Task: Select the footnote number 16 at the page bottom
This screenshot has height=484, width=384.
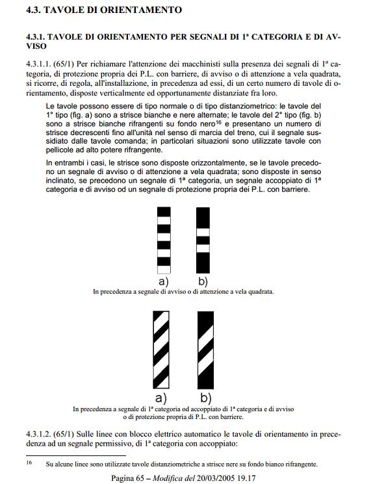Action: [29, 464]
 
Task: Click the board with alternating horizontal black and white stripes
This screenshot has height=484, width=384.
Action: [164, 238]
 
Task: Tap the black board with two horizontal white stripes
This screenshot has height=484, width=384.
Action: [204, 238]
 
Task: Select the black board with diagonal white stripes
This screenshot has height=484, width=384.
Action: [205, 350]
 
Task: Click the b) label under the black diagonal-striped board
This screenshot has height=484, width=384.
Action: [205, 397]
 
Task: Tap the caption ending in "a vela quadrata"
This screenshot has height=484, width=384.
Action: [183, 292]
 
